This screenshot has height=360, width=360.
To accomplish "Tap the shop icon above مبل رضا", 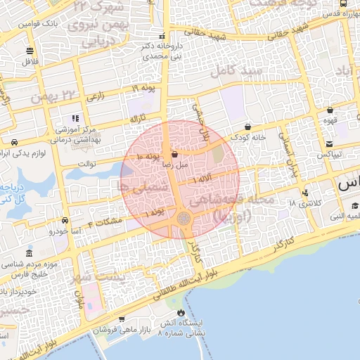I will click(x=174, y=153).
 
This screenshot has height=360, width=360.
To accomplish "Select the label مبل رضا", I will click(x=174, y=164).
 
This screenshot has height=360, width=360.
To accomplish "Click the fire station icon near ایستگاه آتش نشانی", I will click(x=183, y=312).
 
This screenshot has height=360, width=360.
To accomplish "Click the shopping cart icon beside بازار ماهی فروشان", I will click(x=121, y=320).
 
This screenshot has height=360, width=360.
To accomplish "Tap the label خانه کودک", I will click(x=251, y=137).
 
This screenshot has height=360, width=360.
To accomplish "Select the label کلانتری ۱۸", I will click(x=303, y=203).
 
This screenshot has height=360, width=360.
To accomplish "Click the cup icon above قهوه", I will click(x=330, y=110).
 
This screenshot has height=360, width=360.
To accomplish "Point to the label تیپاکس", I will click(x=330, y=153).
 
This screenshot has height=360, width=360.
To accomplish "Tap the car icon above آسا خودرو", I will click(x=65, y=219).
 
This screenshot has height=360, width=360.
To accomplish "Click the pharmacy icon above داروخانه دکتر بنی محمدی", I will click(x=162, y=35).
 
